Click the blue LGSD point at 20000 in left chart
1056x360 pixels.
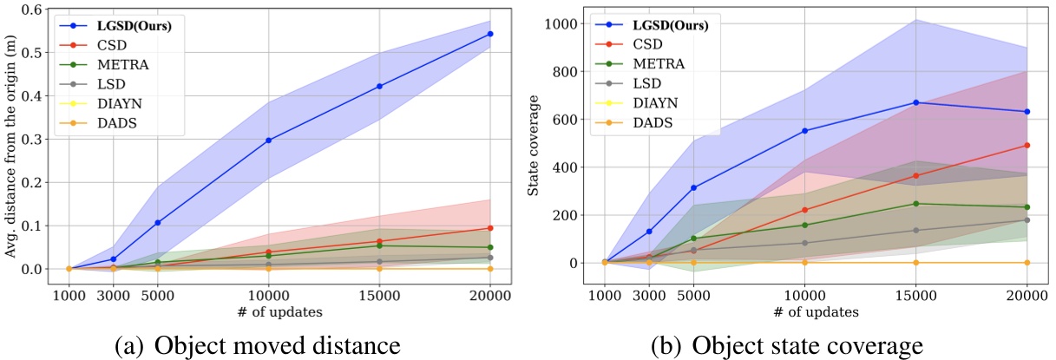[x=490, y=34]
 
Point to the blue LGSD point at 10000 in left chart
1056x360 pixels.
[x=269, y=140]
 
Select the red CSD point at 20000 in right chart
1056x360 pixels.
[x=1027, y=145]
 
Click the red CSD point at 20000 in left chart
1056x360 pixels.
[x=490, y=228]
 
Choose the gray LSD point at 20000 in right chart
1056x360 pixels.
[x=1027, y=219]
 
